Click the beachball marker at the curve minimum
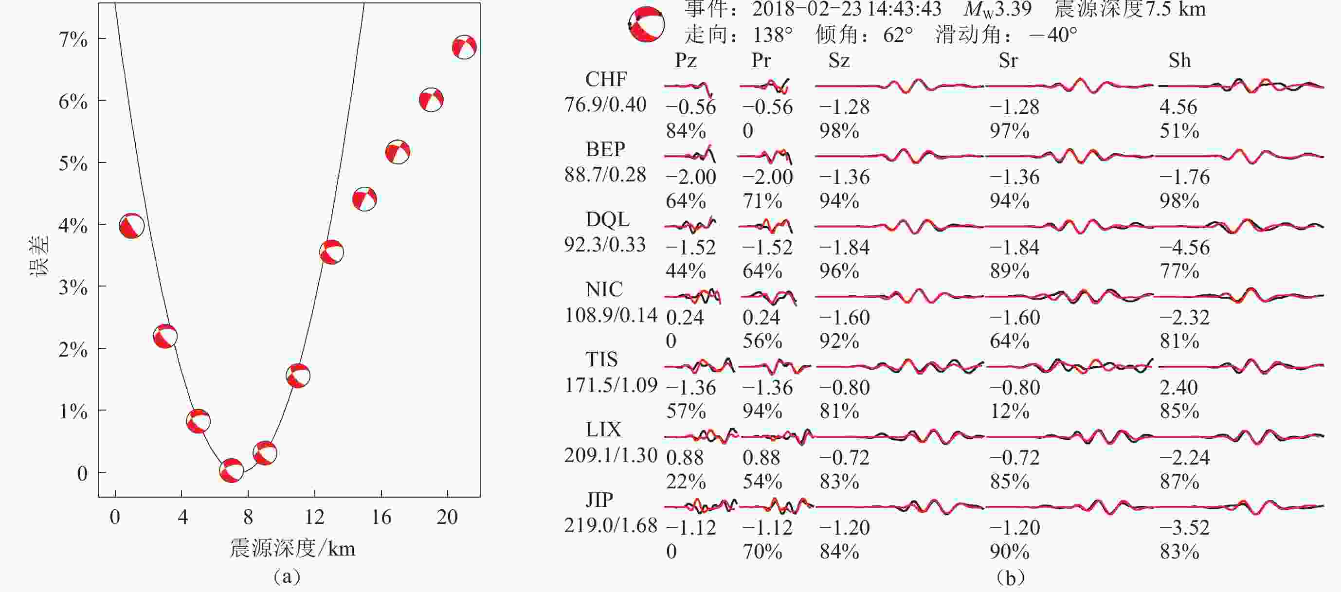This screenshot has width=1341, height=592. pos(231,471)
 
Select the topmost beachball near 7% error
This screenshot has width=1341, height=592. pos(464,47)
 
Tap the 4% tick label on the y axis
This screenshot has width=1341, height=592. pos(73,225)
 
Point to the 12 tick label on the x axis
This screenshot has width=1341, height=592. pos(314,517)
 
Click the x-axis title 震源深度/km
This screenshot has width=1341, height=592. pos(292,548)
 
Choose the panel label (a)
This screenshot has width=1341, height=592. pos(287,576)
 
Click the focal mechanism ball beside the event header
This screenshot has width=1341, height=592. pos(647,24)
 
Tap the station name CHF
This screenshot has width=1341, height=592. pos(606,79)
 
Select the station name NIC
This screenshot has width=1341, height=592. pos(604,289)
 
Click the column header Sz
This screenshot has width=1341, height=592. pos(839,60)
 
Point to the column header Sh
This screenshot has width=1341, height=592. pos(1179,60)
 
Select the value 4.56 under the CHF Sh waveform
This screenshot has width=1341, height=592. pos(1178,107)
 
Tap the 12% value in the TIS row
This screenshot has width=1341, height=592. pos(1009,411)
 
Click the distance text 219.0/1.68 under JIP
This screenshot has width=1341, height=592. pos(611,525)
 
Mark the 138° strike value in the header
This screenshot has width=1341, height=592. pos(773,35)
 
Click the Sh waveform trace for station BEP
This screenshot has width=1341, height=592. pos(1239,156)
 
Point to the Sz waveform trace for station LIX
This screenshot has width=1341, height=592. pos(899,436)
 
